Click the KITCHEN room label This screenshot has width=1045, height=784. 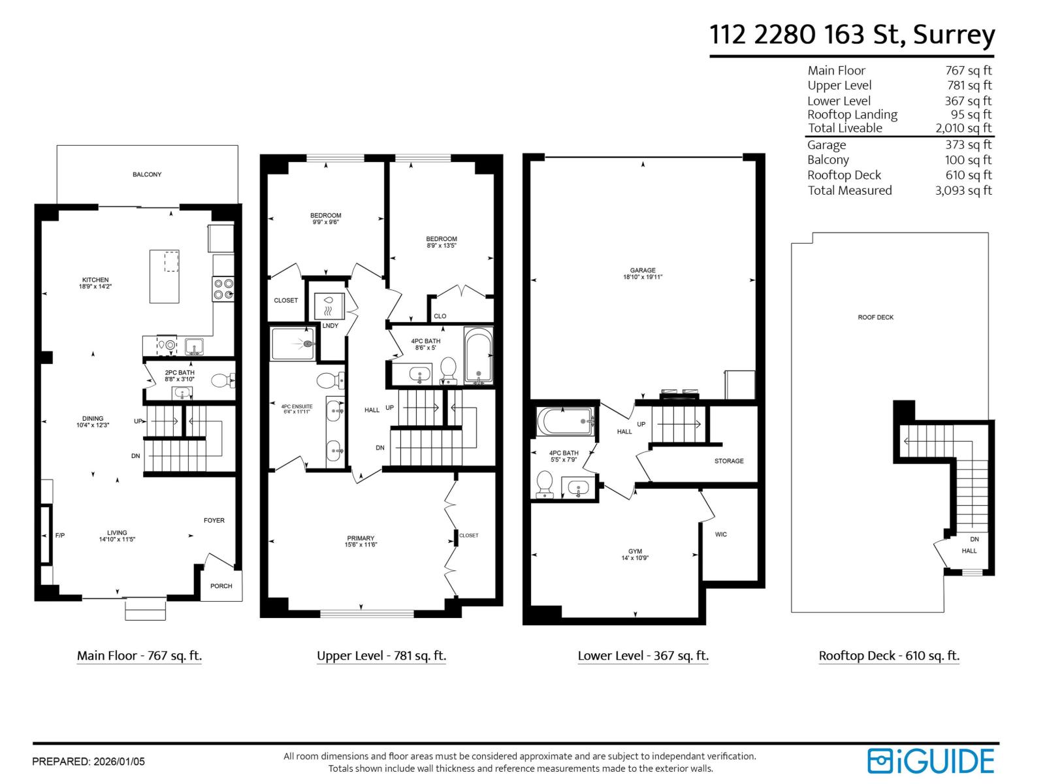click(95, 280)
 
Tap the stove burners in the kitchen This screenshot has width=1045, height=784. click(223, 289)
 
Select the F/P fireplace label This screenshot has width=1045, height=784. click(60, 536)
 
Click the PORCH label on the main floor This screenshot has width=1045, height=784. click(221, 586)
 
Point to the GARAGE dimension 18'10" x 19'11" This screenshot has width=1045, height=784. click(643, 277)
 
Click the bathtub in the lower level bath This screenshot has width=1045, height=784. click(565, 421)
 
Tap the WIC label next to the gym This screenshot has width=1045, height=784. click(721, 534)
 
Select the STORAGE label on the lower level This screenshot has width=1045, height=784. click(729, 461)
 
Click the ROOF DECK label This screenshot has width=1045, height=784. click(876, 318)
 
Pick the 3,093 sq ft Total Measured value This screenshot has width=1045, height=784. click(963, 191)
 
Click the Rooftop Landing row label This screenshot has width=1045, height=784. click(852, 115)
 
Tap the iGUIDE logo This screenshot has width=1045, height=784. click(931, 761)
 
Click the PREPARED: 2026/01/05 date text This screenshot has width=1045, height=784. click(88, 762)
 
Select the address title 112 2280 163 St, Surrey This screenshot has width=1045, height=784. click(852, 34)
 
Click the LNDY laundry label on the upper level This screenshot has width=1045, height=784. click(330, 326)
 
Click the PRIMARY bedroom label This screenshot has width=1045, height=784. click(361, 538)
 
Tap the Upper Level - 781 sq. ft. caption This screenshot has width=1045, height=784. click(381, 656)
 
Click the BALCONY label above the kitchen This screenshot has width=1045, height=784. click(147, 174)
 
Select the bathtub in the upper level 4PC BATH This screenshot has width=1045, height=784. click(479, 356)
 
